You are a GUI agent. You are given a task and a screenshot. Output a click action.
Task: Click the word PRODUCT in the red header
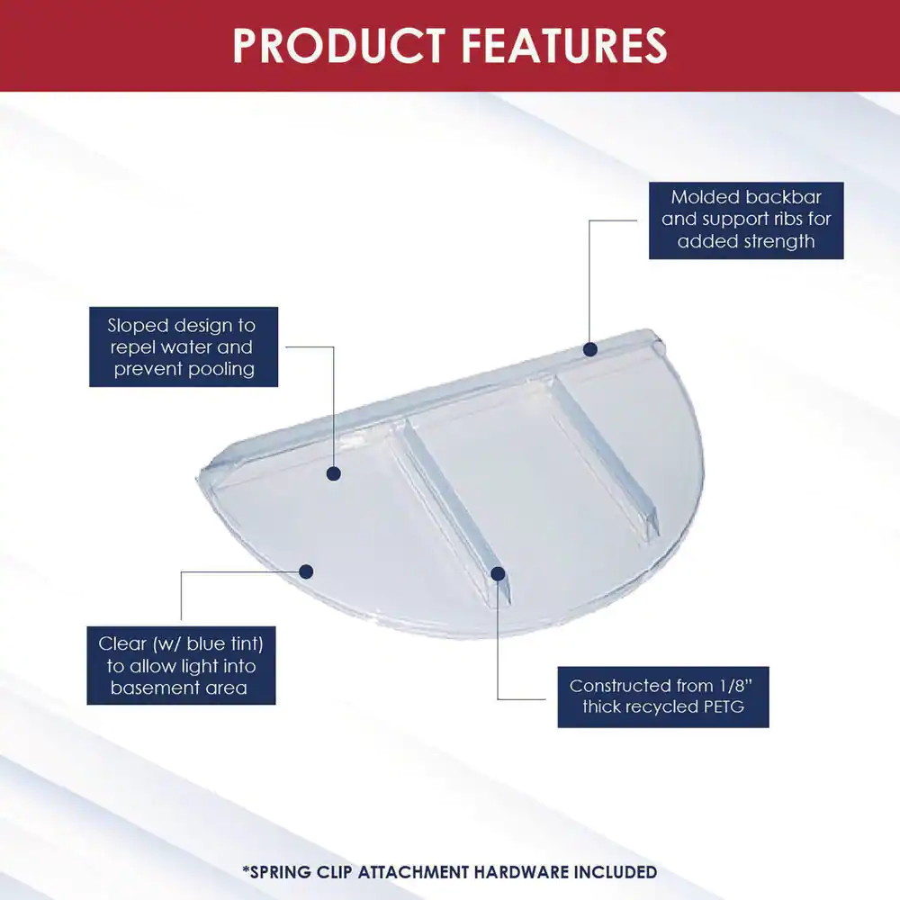click(x=339, y=45)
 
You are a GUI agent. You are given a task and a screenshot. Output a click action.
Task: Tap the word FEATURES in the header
click(x=564, y=45)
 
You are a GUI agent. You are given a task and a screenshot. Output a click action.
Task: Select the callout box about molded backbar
click(x=746, y=220)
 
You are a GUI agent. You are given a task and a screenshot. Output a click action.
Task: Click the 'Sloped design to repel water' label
click(x=184, y=346)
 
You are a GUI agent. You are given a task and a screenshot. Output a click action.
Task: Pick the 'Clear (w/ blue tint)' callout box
click(x=182, y=665)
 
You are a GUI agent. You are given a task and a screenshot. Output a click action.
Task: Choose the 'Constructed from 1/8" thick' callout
click(x=663, y=697)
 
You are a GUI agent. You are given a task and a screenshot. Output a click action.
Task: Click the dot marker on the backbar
click(x=590, y=349)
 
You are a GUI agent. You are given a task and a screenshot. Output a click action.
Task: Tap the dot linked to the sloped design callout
click(x=334, y=473)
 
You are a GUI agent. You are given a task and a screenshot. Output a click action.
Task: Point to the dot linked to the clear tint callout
click(x=306, y=571)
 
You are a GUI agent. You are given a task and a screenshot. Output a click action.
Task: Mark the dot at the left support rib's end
click(x=499, y=573)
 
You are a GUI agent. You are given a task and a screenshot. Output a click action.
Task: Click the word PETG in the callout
click(x=723, y=706)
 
